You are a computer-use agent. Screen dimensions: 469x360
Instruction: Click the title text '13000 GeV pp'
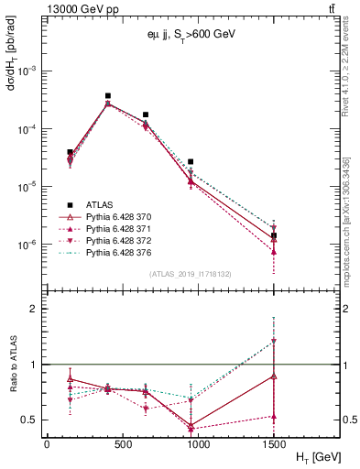tap(79, 9)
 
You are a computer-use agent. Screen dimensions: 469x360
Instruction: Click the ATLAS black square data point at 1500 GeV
tap(274, 235)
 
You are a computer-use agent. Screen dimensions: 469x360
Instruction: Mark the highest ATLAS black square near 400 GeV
tap(108, 95)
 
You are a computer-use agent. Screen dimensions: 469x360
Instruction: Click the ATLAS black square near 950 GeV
tap(191, 161)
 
